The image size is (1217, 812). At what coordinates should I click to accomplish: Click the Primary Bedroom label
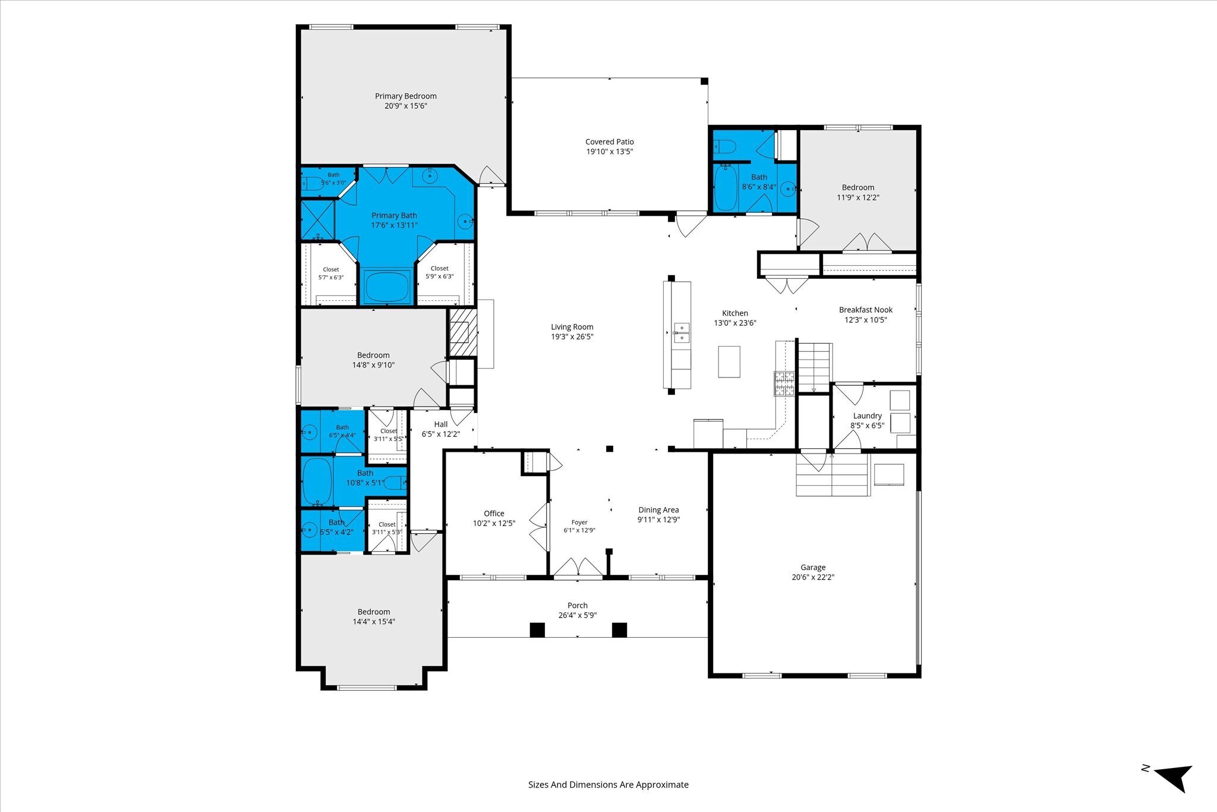tap(406, 96)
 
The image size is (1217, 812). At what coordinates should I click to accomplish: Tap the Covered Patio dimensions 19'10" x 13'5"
tap(610, 152)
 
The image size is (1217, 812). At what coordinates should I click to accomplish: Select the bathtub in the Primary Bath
tap(387, 287)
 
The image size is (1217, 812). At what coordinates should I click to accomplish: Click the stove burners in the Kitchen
tap(784, 383)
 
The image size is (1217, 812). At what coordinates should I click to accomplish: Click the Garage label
tap(813, 568)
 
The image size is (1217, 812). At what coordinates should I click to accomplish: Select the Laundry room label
tap(868, 416)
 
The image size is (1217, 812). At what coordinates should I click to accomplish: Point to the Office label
tap(494, 514)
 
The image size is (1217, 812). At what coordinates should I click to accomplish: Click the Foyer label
tap(579, 523)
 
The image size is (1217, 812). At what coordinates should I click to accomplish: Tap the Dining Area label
tap(658, 510)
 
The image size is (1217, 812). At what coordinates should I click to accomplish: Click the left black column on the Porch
tap(537, 630)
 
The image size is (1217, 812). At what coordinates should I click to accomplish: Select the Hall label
tap(441, 424)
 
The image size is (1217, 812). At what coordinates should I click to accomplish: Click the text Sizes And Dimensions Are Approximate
tap(608, 785)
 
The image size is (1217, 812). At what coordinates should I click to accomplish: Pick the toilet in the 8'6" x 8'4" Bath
tap(725, 146)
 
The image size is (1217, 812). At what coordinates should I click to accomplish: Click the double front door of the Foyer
tap(578, 567)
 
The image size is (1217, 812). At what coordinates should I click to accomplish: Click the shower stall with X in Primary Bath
tap(318, 220)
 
